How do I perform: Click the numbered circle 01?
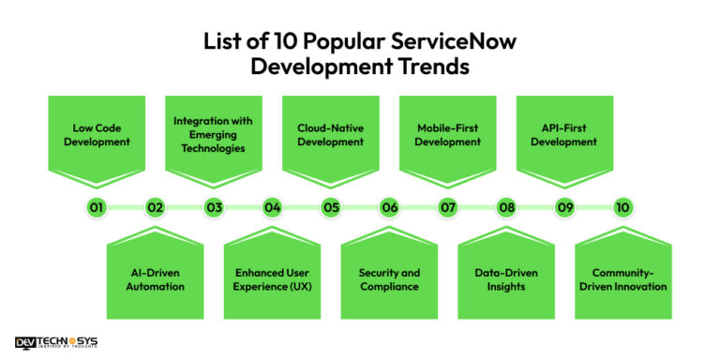click(x=97, y=207)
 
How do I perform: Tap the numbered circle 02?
click(x=156, y=207)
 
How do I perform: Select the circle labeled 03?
click(x=214, y=207)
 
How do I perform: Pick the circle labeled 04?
click(x=272, y=207)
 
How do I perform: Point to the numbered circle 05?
click(x=331, y=207)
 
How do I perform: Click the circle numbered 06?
click(x=389, y=207)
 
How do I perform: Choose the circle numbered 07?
click(x=448, y=207)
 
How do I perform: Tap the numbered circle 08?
click(x=506, y=207)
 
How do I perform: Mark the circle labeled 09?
click(x=565, y=207)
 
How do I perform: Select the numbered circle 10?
click(x=623, y=207)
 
